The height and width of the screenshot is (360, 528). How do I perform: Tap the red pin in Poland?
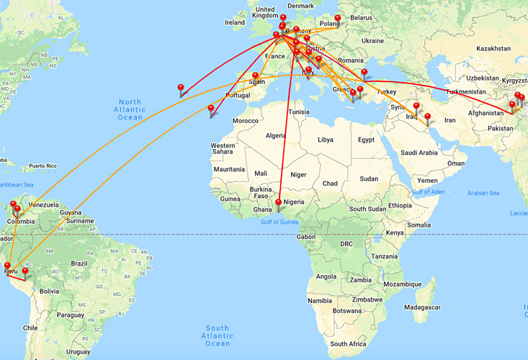pyautogui.click(x=337, y=19)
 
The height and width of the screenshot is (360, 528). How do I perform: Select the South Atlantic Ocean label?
pyautogui.click(x=217, y=336)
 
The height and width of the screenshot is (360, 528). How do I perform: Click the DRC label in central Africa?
pyautogui.click(x=346, y=244)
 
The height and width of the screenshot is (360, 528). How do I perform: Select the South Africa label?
pyautogui.click(x=349, y=344)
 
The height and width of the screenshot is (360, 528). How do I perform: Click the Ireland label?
pyautogui.click(x=235, y=22)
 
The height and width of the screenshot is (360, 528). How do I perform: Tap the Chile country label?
pyautogui.click(x=30, y=327)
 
